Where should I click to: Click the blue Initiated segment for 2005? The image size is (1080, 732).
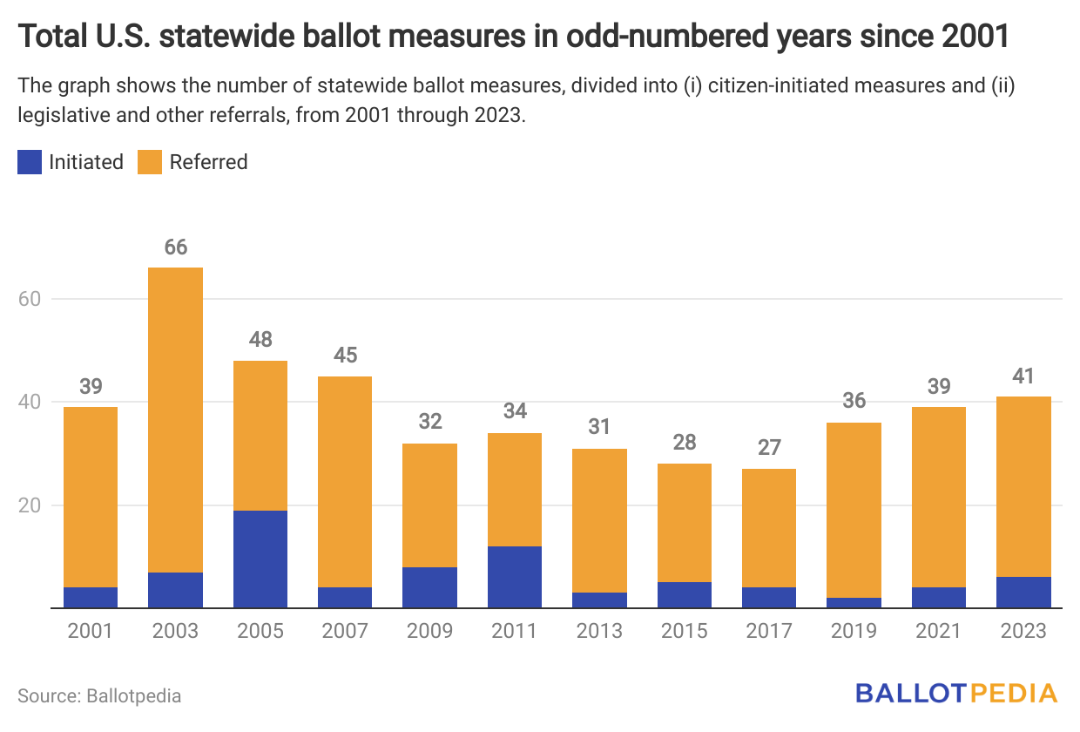click(260, 559)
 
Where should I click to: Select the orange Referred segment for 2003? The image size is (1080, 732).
click(175, 419)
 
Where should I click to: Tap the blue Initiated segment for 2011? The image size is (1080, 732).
click(515, 577)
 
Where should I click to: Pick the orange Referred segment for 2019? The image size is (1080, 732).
click(854, 510)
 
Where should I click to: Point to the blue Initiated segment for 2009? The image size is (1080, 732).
click(429, 587)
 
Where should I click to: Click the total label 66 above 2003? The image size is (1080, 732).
click(175, 247)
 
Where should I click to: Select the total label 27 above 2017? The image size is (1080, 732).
click(770, 449)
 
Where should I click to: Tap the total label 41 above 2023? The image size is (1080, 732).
click(1024, 376)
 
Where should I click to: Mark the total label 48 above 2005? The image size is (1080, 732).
click(260, 341)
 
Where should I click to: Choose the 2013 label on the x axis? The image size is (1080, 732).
click(599, 631)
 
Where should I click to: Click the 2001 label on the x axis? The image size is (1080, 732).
click(91, 631)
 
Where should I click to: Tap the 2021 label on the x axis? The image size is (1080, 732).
click(939, 631)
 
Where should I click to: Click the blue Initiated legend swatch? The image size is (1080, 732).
click(30, 162)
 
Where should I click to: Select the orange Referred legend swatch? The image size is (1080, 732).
click(150, 162)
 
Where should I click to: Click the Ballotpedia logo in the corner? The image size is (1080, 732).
click(956, 694)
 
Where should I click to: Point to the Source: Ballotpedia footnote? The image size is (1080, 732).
click(99, 695)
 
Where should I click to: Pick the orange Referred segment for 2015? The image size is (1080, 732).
click(685, 522)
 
